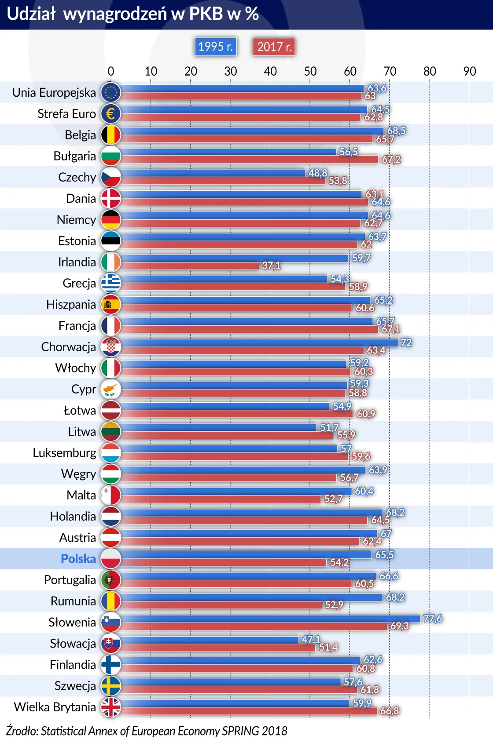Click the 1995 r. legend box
coord(215,47)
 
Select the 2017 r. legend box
coord(274,47)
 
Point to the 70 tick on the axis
coord(390,71)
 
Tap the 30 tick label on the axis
coord(230,71)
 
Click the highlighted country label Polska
coord(78,559)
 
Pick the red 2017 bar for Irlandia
coord(189,266)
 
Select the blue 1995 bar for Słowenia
coord(270,619)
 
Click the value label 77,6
coord(432,619)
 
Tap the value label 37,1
coord(271,266)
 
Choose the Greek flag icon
coord(110,283)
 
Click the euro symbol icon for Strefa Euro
coord(110,114)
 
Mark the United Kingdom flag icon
coord(110,707)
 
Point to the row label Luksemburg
coord(64,453)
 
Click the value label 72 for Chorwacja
coord(406,342)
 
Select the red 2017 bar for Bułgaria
coord(249,160)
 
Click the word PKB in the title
coord(206,14)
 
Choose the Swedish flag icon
coord(110,686)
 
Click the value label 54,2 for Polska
coord(339,562)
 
